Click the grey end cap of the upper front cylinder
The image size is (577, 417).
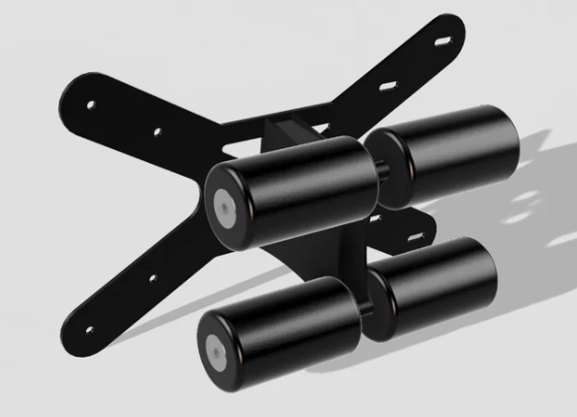click(x=226, y=204)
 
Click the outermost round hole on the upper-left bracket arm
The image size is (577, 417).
click(x=91, y=103)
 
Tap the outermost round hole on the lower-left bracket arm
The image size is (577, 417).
click(x=90, y=327)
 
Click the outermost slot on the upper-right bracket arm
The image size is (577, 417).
click(x=441, y=42)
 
